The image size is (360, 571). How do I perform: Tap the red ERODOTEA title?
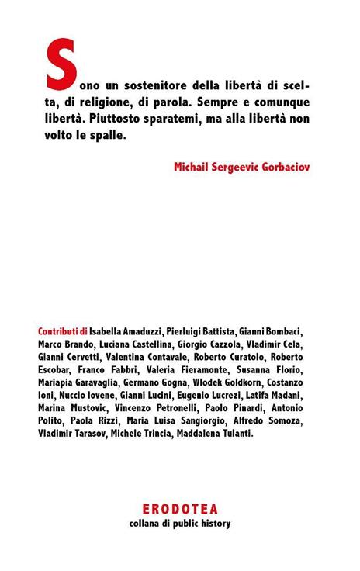pos(180,509)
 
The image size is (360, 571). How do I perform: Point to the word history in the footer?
pos(215,523)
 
